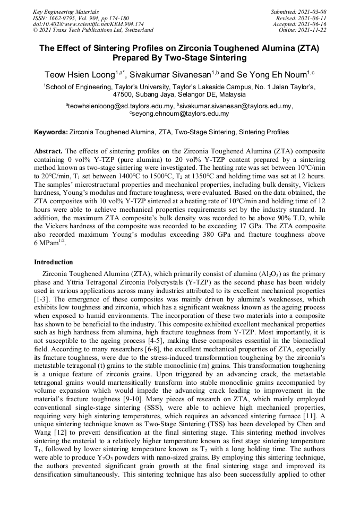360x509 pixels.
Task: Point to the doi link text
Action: [x=88, y=24]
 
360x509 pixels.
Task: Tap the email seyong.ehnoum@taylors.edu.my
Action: [x=181, y=114]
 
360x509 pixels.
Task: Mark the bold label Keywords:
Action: [x=50, y=132]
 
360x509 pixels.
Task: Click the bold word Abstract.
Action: [x=49, y=151]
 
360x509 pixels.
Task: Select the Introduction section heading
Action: [x=53, y=262]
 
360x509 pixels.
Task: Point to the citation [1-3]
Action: [x=42, y=299]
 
